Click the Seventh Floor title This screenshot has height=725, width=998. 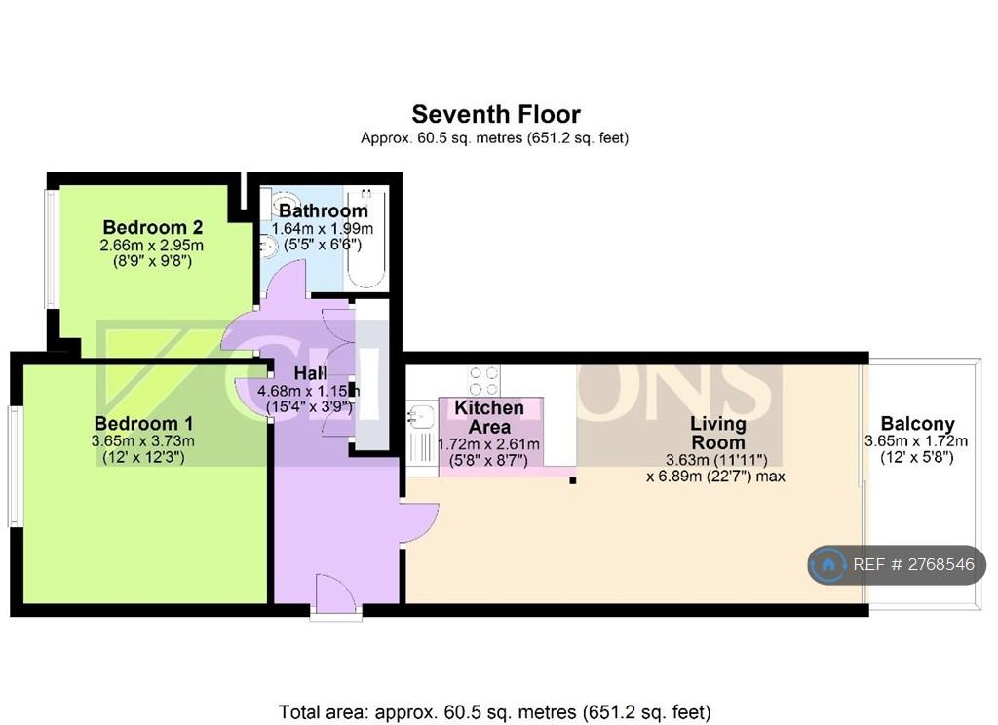coord(496,115)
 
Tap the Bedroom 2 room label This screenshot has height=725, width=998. coord(153,227)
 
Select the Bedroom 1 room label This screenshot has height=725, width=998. coord(143,423)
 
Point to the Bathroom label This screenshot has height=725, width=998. coord(324,210)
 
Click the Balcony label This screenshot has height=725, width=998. coord(917,424)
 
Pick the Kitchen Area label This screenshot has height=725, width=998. coord(489,417)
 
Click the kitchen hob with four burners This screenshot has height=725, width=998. coord(483,381)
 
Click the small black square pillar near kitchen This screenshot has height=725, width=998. coord(573,480)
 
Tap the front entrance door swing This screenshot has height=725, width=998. coord(335,593)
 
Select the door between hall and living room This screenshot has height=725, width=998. coord(419,523)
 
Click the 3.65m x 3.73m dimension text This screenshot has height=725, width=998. coord(143,441)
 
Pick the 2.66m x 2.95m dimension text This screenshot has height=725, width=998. coord(151,245)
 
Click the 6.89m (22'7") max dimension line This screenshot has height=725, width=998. coord(715,477)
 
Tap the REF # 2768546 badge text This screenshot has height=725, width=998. coord(913,564)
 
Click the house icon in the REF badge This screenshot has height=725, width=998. coord(828,564)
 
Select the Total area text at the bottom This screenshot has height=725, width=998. coord(494,711)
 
